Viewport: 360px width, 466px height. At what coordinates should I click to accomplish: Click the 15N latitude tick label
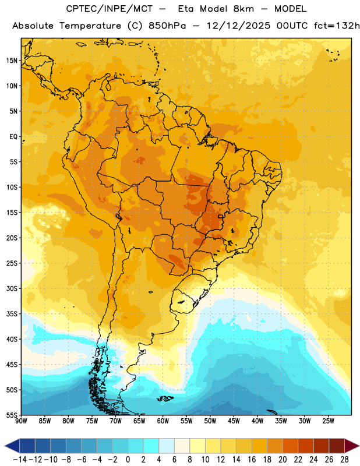click(12, 61)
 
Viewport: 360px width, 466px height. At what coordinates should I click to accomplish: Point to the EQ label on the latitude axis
click(13, 137)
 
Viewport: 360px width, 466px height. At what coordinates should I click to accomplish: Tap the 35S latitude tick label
click(12, 314)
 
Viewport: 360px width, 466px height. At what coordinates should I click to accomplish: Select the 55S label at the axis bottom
click(12, 415)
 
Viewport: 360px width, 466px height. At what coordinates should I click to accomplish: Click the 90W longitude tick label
click(22, 421)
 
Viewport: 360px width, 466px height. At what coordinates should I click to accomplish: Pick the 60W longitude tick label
click(163, 421)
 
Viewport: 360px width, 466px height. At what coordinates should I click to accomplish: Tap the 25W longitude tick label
click(328, 421)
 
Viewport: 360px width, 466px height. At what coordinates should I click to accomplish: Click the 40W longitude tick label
click(257, 421)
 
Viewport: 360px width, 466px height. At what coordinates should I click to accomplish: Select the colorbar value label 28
click(344, 460)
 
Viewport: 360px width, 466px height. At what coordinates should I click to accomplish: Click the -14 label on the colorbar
click(20, 460)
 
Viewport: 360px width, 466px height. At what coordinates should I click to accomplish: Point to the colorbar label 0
click(128, 460)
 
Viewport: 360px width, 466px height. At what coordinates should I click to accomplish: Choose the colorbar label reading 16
click(252, 460)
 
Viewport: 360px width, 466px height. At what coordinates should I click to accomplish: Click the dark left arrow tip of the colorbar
click(5, 446)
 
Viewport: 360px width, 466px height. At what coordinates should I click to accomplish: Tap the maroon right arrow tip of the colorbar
click(358, 446)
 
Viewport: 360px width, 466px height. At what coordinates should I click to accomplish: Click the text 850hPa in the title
click(167, 26)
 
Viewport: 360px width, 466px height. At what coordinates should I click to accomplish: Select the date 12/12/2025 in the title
click(238, 26)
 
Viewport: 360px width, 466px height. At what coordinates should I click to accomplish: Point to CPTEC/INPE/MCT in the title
click(110, 9)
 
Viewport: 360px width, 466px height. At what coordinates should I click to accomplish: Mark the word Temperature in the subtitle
click(90, 26)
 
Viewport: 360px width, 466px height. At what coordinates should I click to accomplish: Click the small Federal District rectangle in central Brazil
click(221, 216)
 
